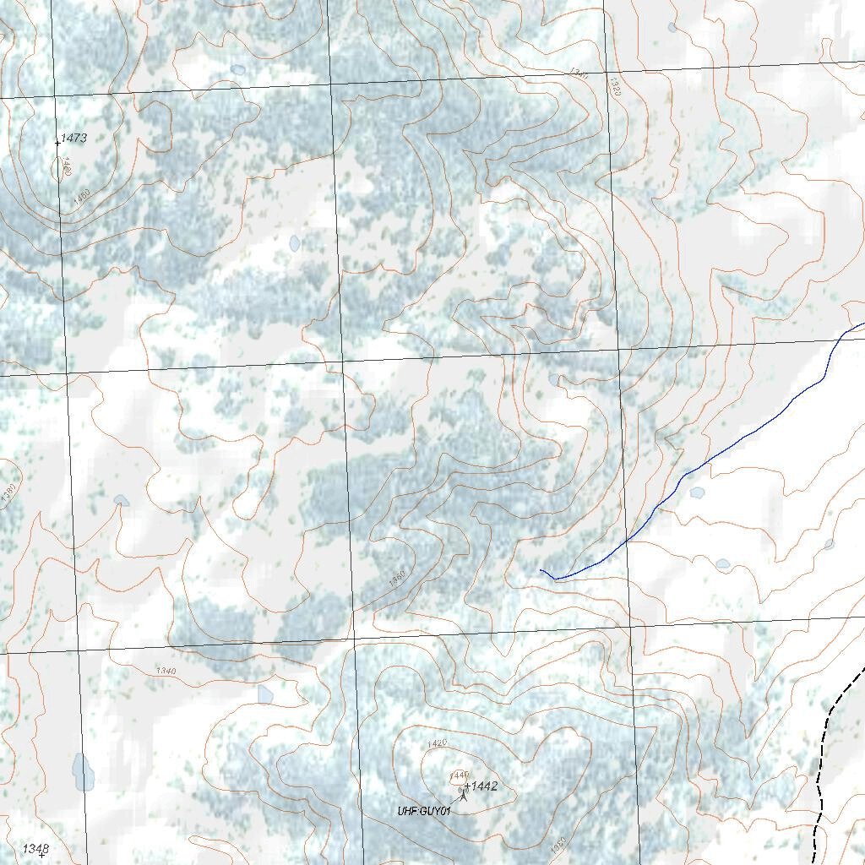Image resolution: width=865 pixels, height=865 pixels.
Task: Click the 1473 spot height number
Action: point(74,138)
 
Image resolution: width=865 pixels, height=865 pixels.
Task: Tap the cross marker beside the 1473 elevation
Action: point(57,143)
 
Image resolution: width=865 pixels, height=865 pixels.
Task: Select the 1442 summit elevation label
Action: point(484,786)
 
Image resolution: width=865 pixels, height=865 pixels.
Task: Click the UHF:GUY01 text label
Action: point(425,811)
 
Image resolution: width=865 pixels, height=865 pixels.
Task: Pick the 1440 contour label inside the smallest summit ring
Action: point(459,774)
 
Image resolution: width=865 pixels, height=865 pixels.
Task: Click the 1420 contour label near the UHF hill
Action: point(437,743)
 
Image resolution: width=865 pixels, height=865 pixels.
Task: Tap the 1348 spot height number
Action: point(35,847)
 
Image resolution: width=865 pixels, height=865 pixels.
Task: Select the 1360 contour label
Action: point(398,579)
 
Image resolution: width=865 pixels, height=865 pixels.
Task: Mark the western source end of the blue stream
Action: point(541,571)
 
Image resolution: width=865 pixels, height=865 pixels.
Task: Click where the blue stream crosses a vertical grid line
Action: point(627,540)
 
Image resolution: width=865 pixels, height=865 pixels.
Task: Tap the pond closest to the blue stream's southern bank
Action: point(697,492)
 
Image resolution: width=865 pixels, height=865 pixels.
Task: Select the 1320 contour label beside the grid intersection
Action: point(614,87)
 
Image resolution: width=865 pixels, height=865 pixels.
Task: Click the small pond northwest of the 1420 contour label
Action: point(265,694)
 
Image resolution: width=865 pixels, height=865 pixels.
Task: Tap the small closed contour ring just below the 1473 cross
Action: point(62,168)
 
